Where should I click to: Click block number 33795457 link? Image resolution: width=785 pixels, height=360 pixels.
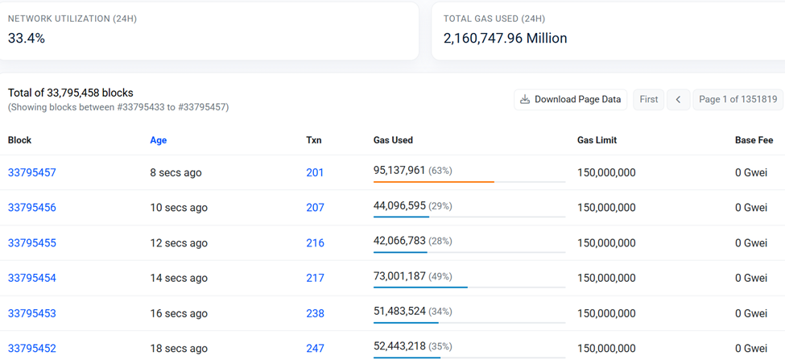click(32, 172)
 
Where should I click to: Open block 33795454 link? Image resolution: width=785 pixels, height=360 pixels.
click(32, 278)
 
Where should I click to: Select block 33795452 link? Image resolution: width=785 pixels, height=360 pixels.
click(32, 349)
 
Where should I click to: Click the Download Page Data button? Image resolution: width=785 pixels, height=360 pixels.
click(570, 99)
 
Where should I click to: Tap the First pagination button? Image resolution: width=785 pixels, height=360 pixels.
click(648, 99)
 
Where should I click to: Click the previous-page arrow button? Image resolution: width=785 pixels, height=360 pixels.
click(678, 99)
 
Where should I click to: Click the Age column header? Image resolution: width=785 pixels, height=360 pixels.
click(158, 140)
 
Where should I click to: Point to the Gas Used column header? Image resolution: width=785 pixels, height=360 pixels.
click(393, 140)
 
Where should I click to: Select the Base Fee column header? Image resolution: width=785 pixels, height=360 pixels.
click(754, 140)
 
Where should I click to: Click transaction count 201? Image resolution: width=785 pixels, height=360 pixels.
click(315, 172)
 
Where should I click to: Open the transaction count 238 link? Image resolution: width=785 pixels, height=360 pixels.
click(315, 313)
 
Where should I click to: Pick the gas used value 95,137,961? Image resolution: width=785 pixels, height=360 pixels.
click(399, 170)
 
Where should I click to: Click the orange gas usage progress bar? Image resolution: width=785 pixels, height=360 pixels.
click(433, 182)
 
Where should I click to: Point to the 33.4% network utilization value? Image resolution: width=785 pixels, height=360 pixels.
click(27, 38)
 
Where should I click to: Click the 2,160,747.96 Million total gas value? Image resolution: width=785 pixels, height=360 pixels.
click(505, 38)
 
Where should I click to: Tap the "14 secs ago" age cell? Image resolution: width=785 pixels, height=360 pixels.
click(179, 278)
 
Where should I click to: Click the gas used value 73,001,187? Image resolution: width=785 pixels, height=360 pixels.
click(399, 276)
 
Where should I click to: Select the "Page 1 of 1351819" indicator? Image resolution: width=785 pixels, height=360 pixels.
click(737, 99)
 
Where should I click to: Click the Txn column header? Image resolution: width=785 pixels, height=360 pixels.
click(314, 140)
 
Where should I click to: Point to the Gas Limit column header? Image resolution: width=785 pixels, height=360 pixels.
click(597, 140)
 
